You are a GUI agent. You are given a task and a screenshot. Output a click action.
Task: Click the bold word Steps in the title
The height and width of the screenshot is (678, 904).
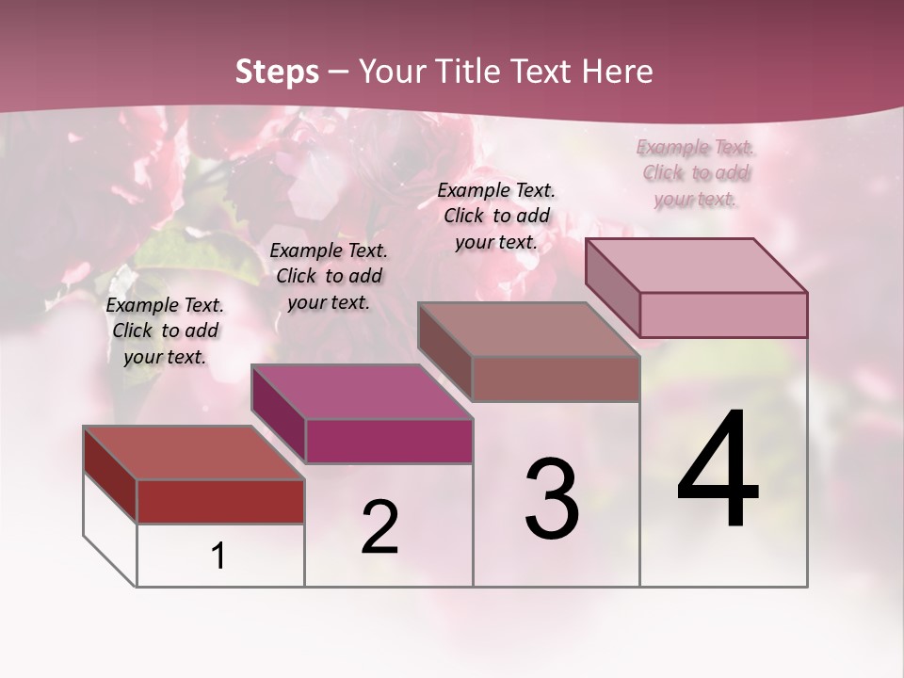tap(277, 72)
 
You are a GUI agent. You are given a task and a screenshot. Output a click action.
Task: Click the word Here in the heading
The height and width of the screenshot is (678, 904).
tap(616, 72)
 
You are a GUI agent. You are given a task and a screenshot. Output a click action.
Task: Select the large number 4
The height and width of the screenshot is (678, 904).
tap(718, 471)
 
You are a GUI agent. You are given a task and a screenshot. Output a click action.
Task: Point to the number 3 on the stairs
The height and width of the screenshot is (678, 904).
tap(552, 498)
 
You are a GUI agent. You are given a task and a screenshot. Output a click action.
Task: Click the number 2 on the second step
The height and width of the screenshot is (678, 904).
tap(379, 527)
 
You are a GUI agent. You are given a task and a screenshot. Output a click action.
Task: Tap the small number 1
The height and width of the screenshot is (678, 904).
tap(218, 557)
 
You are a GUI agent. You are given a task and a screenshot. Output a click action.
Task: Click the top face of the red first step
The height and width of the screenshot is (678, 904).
tap(193, 453)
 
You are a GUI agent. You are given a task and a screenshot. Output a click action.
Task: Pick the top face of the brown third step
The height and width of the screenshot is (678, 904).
tap(527, 330)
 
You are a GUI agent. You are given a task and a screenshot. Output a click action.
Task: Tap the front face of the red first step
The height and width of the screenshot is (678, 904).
tap(220, 502)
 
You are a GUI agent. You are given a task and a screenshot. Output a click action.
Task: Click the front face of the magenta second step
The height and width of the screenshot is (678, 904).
tap(389, 441)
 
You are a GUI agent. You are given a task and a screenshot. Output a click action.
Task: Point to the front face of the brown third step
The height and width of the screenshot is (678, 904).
tap(556, 379)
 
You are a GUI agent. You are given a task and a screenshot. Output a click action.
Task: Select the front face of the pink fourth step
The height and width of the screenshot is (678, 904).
tap(723, 315)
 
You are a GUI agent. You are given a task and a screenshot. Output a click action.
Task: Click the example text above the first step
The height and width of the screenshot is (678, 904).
tap(165, 331)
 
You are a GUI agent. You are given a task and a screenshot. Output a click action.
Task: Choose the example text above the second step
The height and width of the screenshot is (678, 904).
tap(329, 276)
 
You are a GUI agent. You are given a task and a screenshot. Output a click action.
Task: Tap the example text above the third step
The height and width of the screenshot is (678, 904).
tap(496, 216)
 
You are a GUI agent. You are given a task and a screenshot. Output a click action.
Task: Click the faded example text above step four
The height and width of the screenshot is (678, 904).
tap(696, 172)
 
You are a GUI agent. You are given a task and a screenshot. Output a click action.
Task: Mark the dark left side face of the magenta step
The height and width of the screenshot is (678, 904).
tap(279, 415)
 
